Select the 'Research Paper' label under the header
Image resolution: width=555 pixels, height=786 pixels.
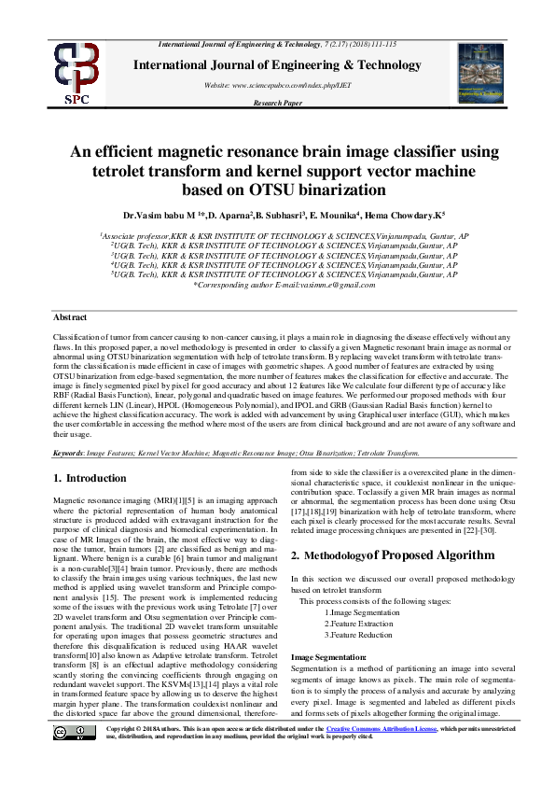point(277,103)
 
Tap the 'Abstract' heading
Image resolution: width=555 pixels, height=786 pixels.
point(71,318)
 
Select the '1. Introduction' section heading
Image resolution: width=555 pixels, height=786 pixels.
point(83,478)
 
